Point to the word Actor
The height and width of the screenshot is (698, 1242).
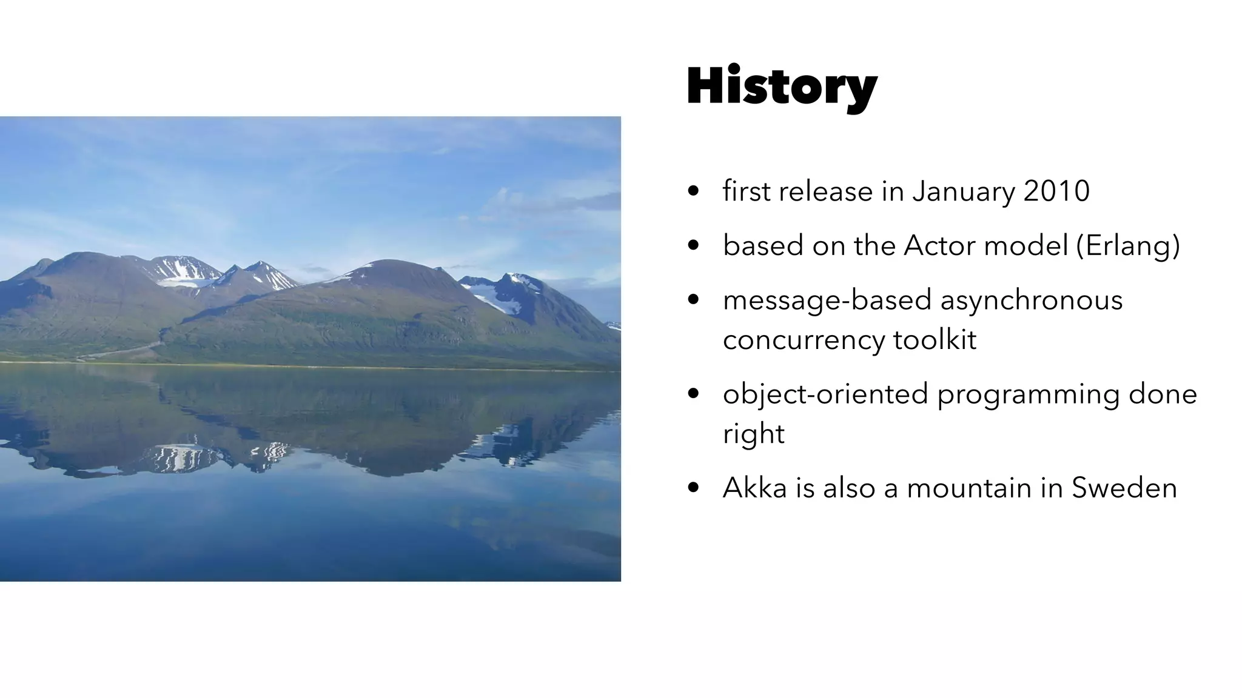click(x=939, y=245)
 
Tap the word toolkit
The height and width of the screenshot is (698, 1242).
click(x=935, y=339)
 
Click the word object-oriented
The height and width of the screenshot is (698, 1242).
click(x=825, y=394)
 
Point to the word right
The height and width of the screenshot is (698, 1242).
click(x=753, y=434)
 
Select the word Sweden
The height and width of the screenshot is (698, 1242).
click(x=1124, y=488)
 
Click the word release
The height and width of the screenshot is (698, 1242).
click(x=825, y=191)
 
